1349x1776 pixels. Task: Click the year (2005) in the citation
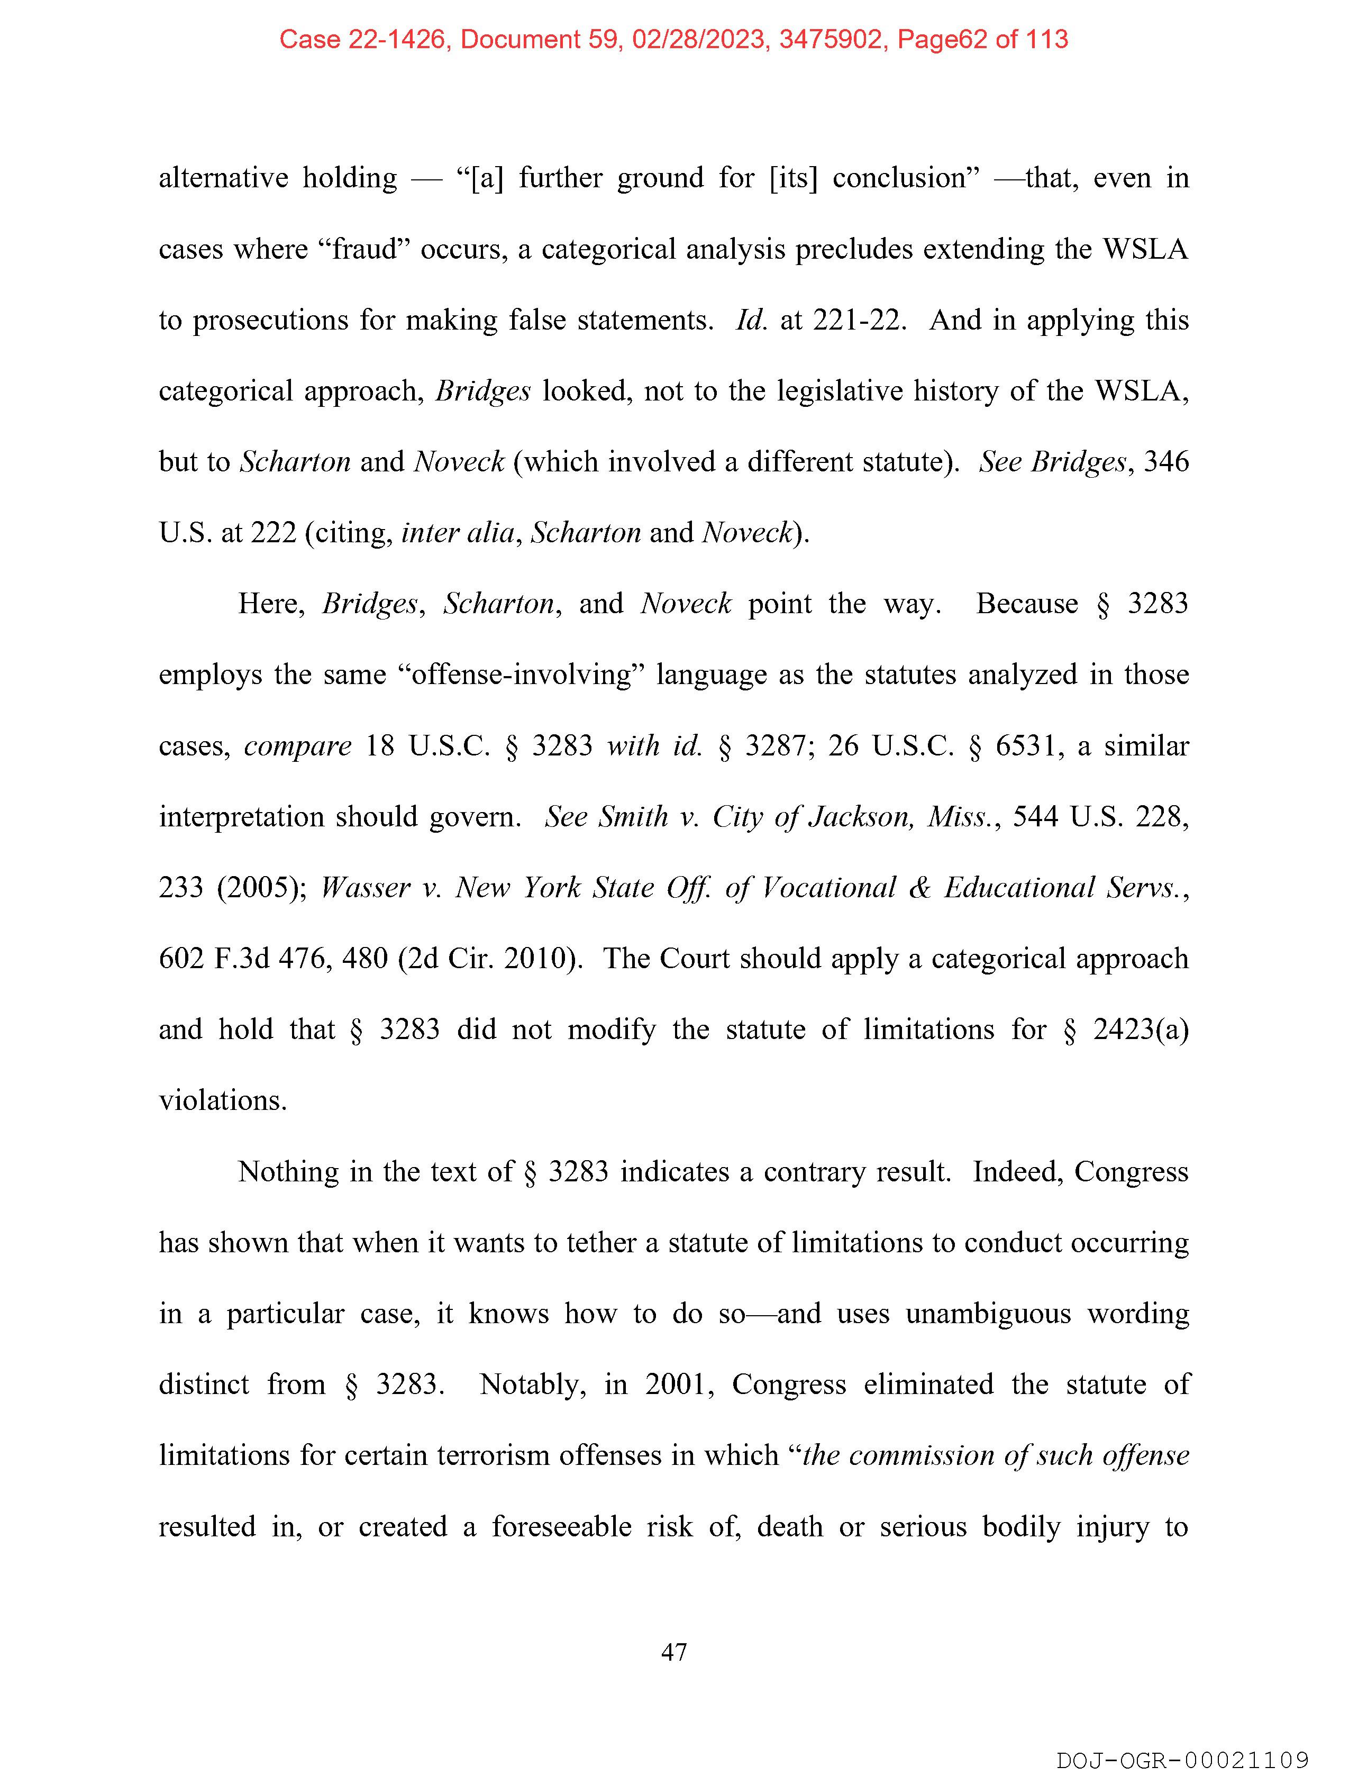point(261,887)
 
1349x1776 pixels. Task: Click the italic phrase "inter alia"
point(458,532)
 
